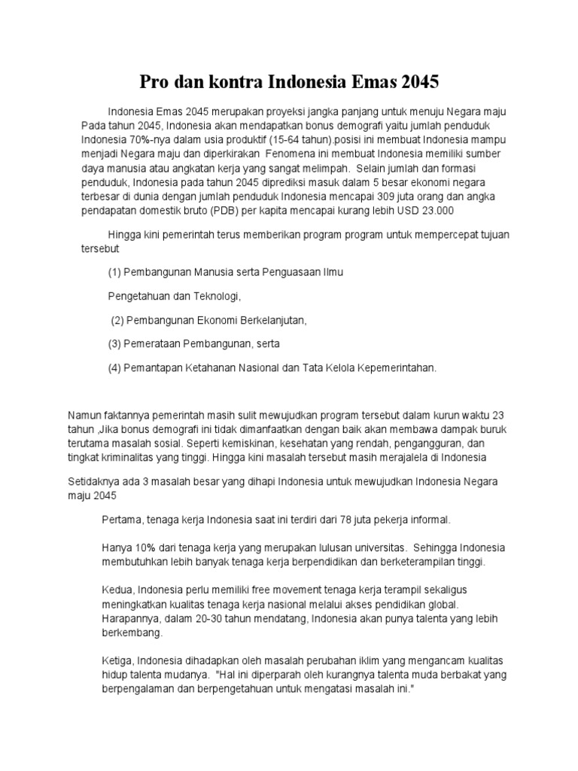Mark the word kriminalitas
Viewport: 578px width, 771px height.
tap(158, 456)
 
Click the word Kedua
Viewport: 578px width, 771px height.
tap(117, 589)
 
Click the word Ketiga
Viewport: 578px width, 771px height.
tap(117, 660)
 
